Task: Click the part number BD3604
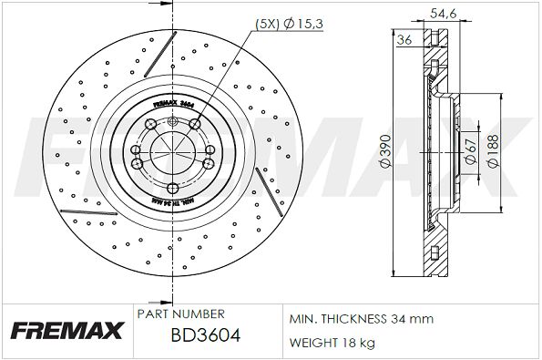point(205,336)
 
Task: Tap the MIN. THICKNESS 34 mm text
point(362,319)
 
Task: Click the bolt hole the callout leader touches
point(195,123)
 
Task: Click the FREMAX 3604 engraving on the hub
point(172,106)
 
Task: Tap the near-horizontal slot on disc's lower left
point(76,211)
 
